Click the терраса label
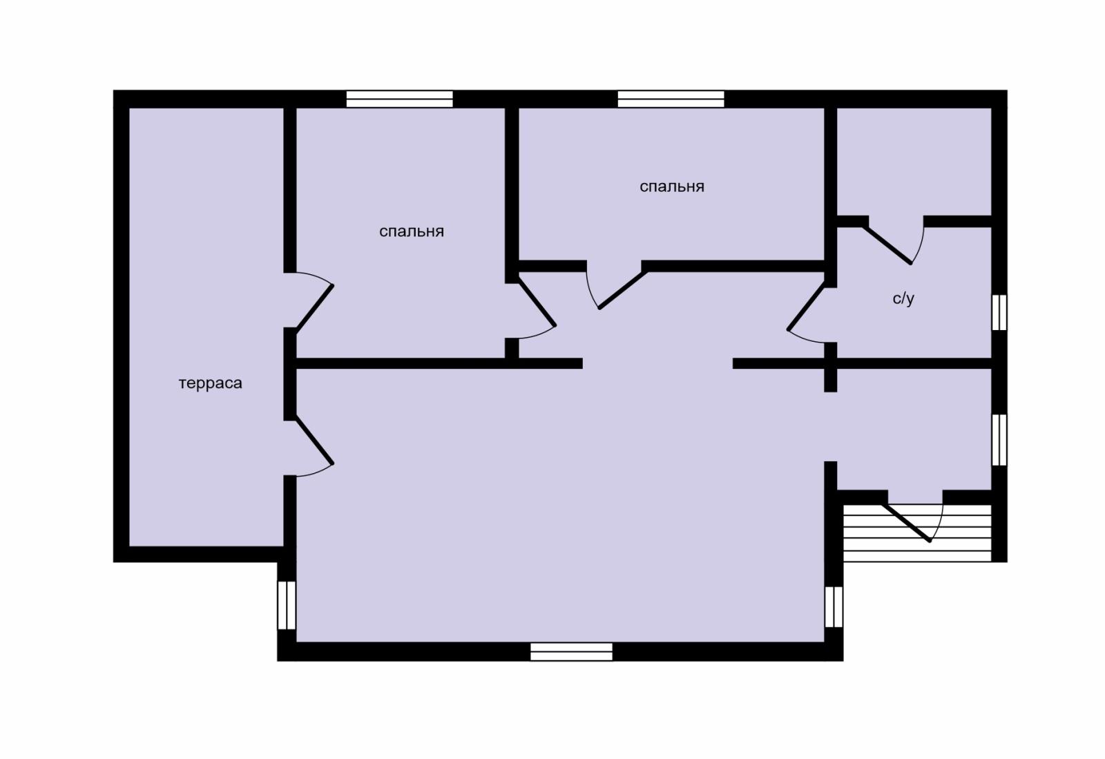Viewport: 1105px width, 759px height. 210,383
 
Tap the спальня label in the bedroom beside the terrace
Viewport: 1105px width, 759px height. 412,231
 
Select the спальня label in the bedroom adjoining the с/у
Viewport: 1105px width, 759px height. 672,186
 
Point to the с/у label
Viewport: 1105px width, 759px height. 903,298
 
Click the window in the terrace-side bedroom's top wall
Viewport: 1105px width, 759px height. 400,99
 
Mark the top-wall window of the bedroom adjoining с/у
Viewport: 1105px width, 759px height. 671,99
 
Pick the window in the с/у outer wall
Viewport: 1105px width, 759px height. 999,313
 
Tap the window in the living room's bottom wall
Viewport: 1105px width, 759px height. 571,651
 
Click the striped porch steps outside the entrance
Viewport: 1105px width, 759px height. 918,533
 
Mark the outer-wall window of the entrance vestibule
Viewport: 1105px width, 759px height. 999,440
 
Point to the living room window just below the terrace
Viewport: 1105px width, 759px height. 287,605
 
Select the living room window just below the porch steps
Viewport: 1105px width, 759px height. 834,606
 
